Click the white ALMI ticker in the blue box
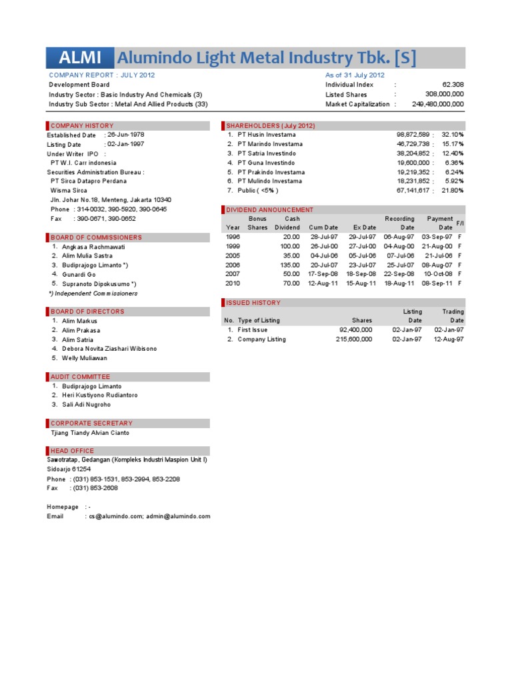(x=80, y=58)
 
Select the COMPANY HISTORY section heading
(x=82, y=125)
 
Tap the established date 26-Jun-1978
(x=125, y=135)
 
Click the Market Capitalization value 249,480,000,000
(x=438, y=104)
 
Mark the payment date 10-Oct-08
(x=438, y=274)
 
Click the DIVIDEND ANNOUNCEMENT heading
(x=269, y=209)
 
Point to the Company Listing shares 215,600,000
(x=354, y=339)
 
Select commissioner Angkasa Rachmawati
(x=93, y=247)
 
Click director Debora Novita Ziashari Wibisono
(x=109, y=349)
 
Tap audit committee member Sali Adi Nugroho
(x=87, y=405)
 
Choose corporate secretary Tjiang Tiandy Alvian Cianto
(x=90, y=433)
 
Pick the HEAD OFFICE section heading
(x=73, y=451)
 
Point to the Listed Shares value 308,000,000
(x=444, y=95)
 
